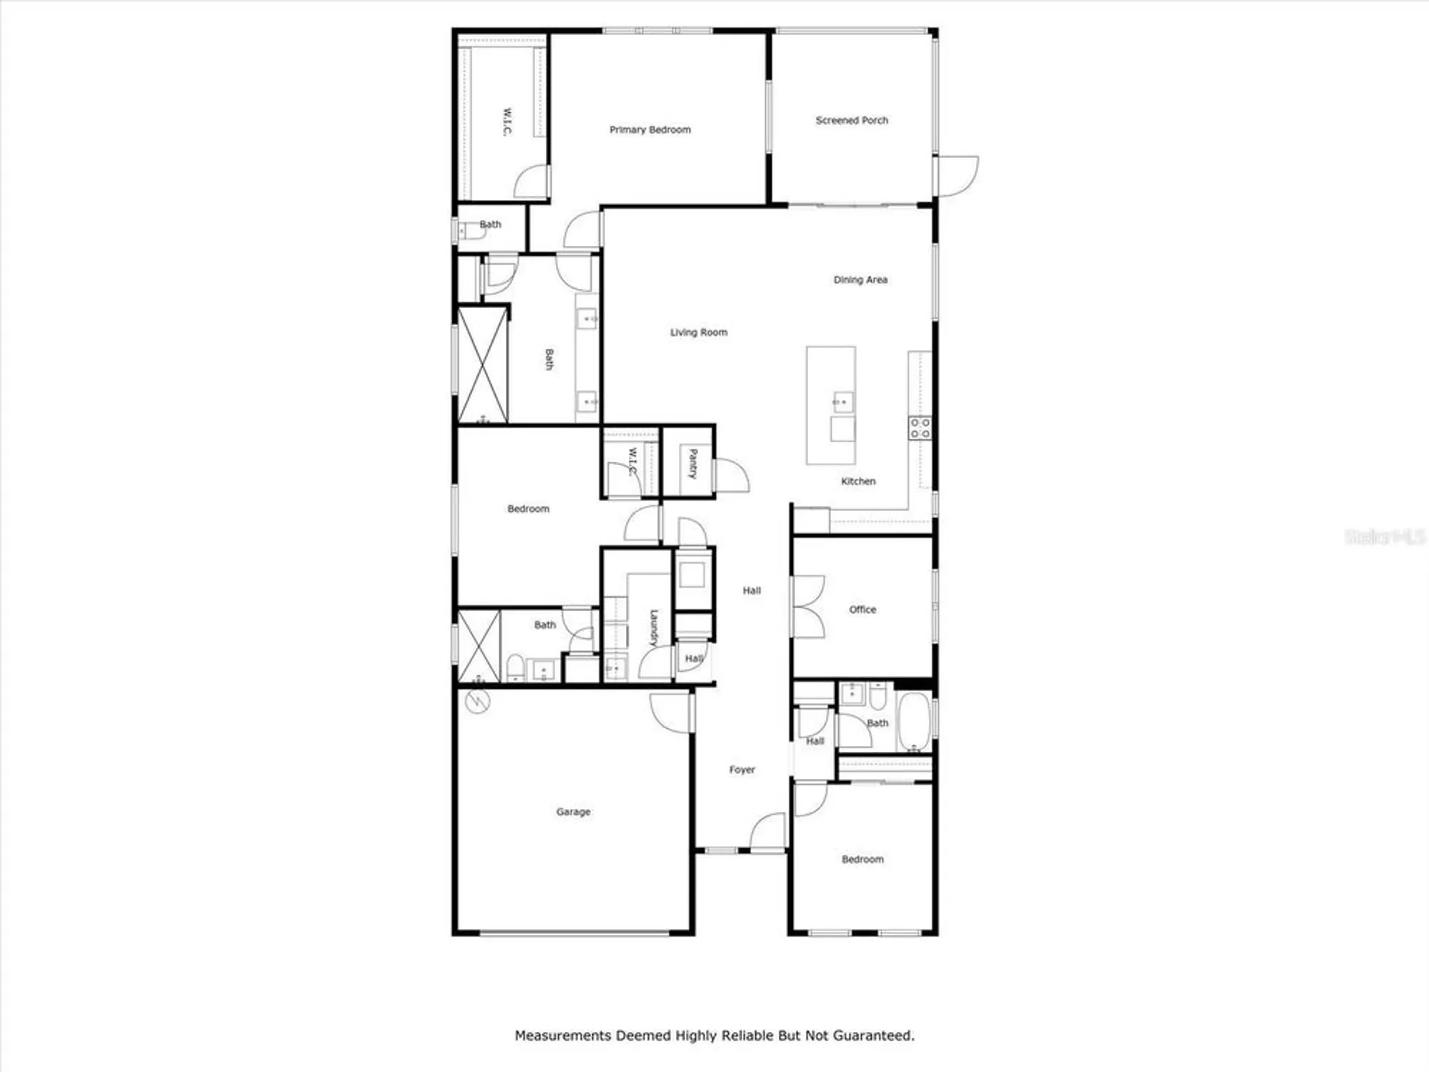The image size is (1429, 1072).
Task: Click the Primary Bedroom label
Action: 649,129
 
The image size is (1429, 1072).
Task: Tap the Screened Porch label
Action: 852,120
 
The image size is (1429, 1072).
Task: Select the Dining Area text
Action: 860,279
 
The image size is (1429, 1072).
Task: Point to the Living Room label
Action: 698,332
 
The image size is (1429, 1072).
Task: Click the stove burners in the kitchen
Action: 920,428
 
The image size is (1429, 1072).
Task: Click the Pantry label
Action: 692,463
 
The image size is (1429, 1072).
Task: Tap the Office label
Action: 862,610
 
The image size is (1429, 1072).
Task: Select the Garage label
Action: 573,812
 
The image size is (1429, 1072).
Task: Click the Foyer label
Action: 742,770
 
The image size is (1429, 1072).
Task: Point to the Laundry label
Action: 653,627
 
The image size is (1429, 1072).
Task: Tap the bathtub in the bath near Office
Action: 913,722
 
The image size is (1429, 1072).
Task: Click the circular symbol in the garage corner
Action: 477,702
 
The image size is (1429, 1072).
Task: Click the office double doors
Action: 808,607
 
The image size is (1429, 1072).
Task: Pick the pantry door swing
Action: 731,476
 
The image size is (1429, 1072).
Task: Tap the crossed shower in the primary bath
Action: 482,365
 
